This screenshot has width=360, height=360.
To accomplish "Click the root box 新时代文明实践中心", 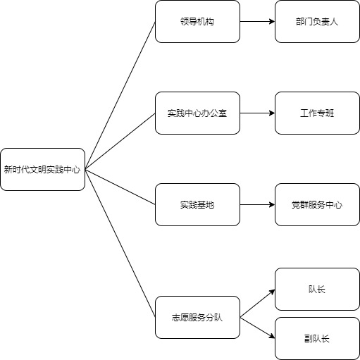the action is (42, 169).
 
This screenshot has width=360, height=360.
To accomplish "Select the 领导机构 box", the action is (197, 22).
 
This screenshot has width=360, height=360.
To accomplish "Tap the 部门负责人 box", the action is (317, 22).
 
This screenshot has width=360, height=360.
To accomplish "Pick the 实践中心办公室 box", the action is (197, 113).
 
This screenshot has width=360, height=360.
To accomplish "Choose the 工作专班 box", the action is (317, 113).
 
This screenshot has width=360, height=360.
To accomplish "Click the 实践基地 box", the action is (197, 205).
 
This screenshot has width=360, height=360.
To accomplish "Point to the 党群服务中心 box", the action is (317, 205).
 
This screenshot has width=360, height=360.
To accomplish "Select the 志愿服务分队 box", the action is (197, 318).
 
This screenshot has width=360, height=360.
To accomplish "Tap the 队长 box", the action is (317, 290).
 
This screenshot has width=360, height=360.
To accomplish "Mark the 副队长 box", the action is (317, 339).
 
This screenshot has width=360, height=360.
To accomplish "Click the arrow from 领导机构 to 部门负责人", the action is (257, 22).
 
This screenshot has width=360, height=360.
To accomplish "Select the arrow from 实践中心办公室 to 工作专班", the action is (257, 113).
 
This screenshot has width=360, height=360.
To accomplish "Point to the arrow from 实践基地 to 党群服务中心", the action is (257, 205).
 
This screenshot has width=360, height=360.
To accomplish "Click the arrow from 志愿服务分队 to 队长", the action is (257, 304).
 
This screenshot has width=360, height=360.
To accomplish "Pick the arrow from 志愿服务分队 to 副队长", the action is (257, 328).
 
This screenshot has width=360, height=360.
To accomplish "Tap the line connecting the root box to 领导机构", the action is (120, 96).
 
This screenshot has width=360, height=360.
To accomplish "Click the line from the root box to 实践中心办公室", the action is (120, 142).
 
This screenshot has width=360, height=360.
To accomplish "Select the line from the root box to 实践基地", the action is (120, 187).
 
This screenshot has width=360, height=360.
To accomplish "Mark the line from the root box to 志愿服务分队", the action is (120, 244).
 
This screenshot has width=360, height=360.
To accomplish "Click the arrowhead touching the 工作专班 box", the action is (272, 113).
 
